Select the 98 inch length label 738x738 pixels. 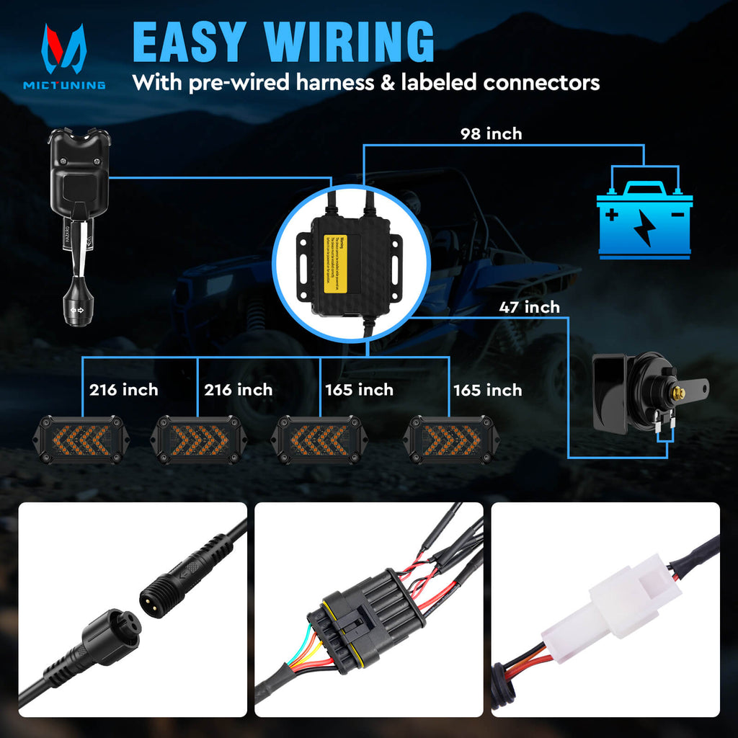pyautogui.click(x=491, y=133)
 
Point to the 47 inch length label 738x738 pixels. pyautogui.click(x=529, y=307)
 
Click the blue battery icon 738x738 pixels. pyautogui.click(x=644, y=220)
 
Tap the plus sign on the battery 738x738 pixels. pyautogui.click(x=612, y=214)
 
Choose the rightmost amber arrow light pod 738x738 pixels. pyautogui.click(x=448, y=439)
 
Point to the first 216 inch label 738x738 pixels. pyautogui.click(x=123, y=390)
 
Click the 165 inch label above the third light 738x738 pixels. pyautogui.click(x=359, y=390)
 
